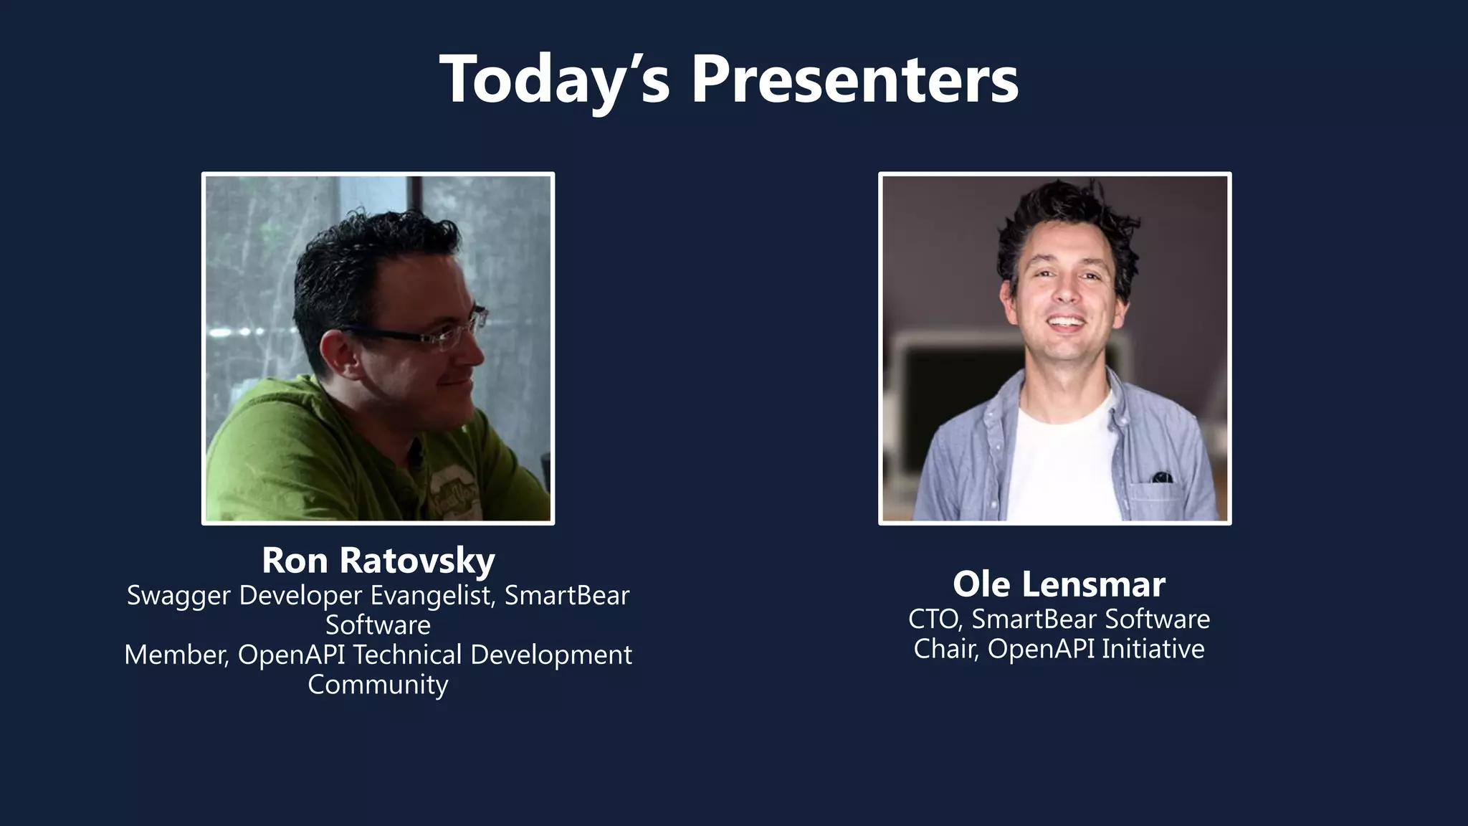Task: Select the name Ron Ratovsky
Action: [x=378, y=560]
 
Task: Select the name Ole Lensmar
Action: [x=1058, y=584]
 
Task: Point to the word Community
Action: [x=378, y=684]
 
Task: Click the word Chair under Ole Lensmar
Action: [x=945, y=649]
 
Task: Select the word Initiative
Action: [x=1153, y=649]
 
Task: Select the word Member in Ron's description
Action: [x=176, y=655]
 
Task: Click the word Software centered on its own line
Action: [x=378, y=625]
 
